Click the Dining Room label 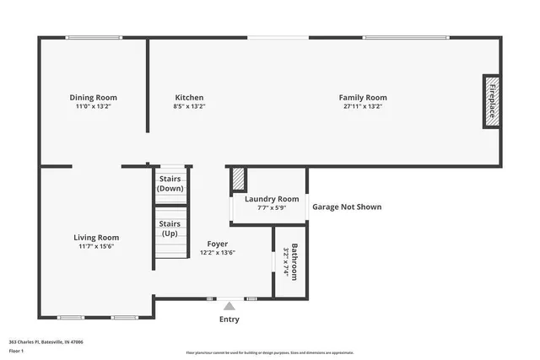tap(93, 98)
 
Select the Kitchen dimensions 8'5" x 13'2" tap(189, 107)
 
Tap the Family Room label tap(363, 98)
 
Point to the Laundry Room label tap(266, 199)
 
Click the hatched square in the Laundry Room tap(239, 179)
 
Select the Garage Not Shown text tap(346, 207)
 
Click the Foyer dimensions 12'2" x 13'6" tap(217, 252)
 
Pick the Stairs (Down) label tap(170, 184)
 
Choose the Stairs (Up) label tap(170, 228)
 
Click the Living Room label tap(95, 238)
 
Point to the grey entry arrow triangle tap(229, 306)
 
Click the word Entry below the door tap(229, 320)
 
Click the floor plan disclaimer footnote tap(269, 353)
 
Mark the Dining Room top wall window tap(94, 36)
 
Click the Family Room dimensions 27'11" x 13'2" tap(363, 107)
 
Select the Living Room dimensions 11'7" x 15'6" tap(95, 247)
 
